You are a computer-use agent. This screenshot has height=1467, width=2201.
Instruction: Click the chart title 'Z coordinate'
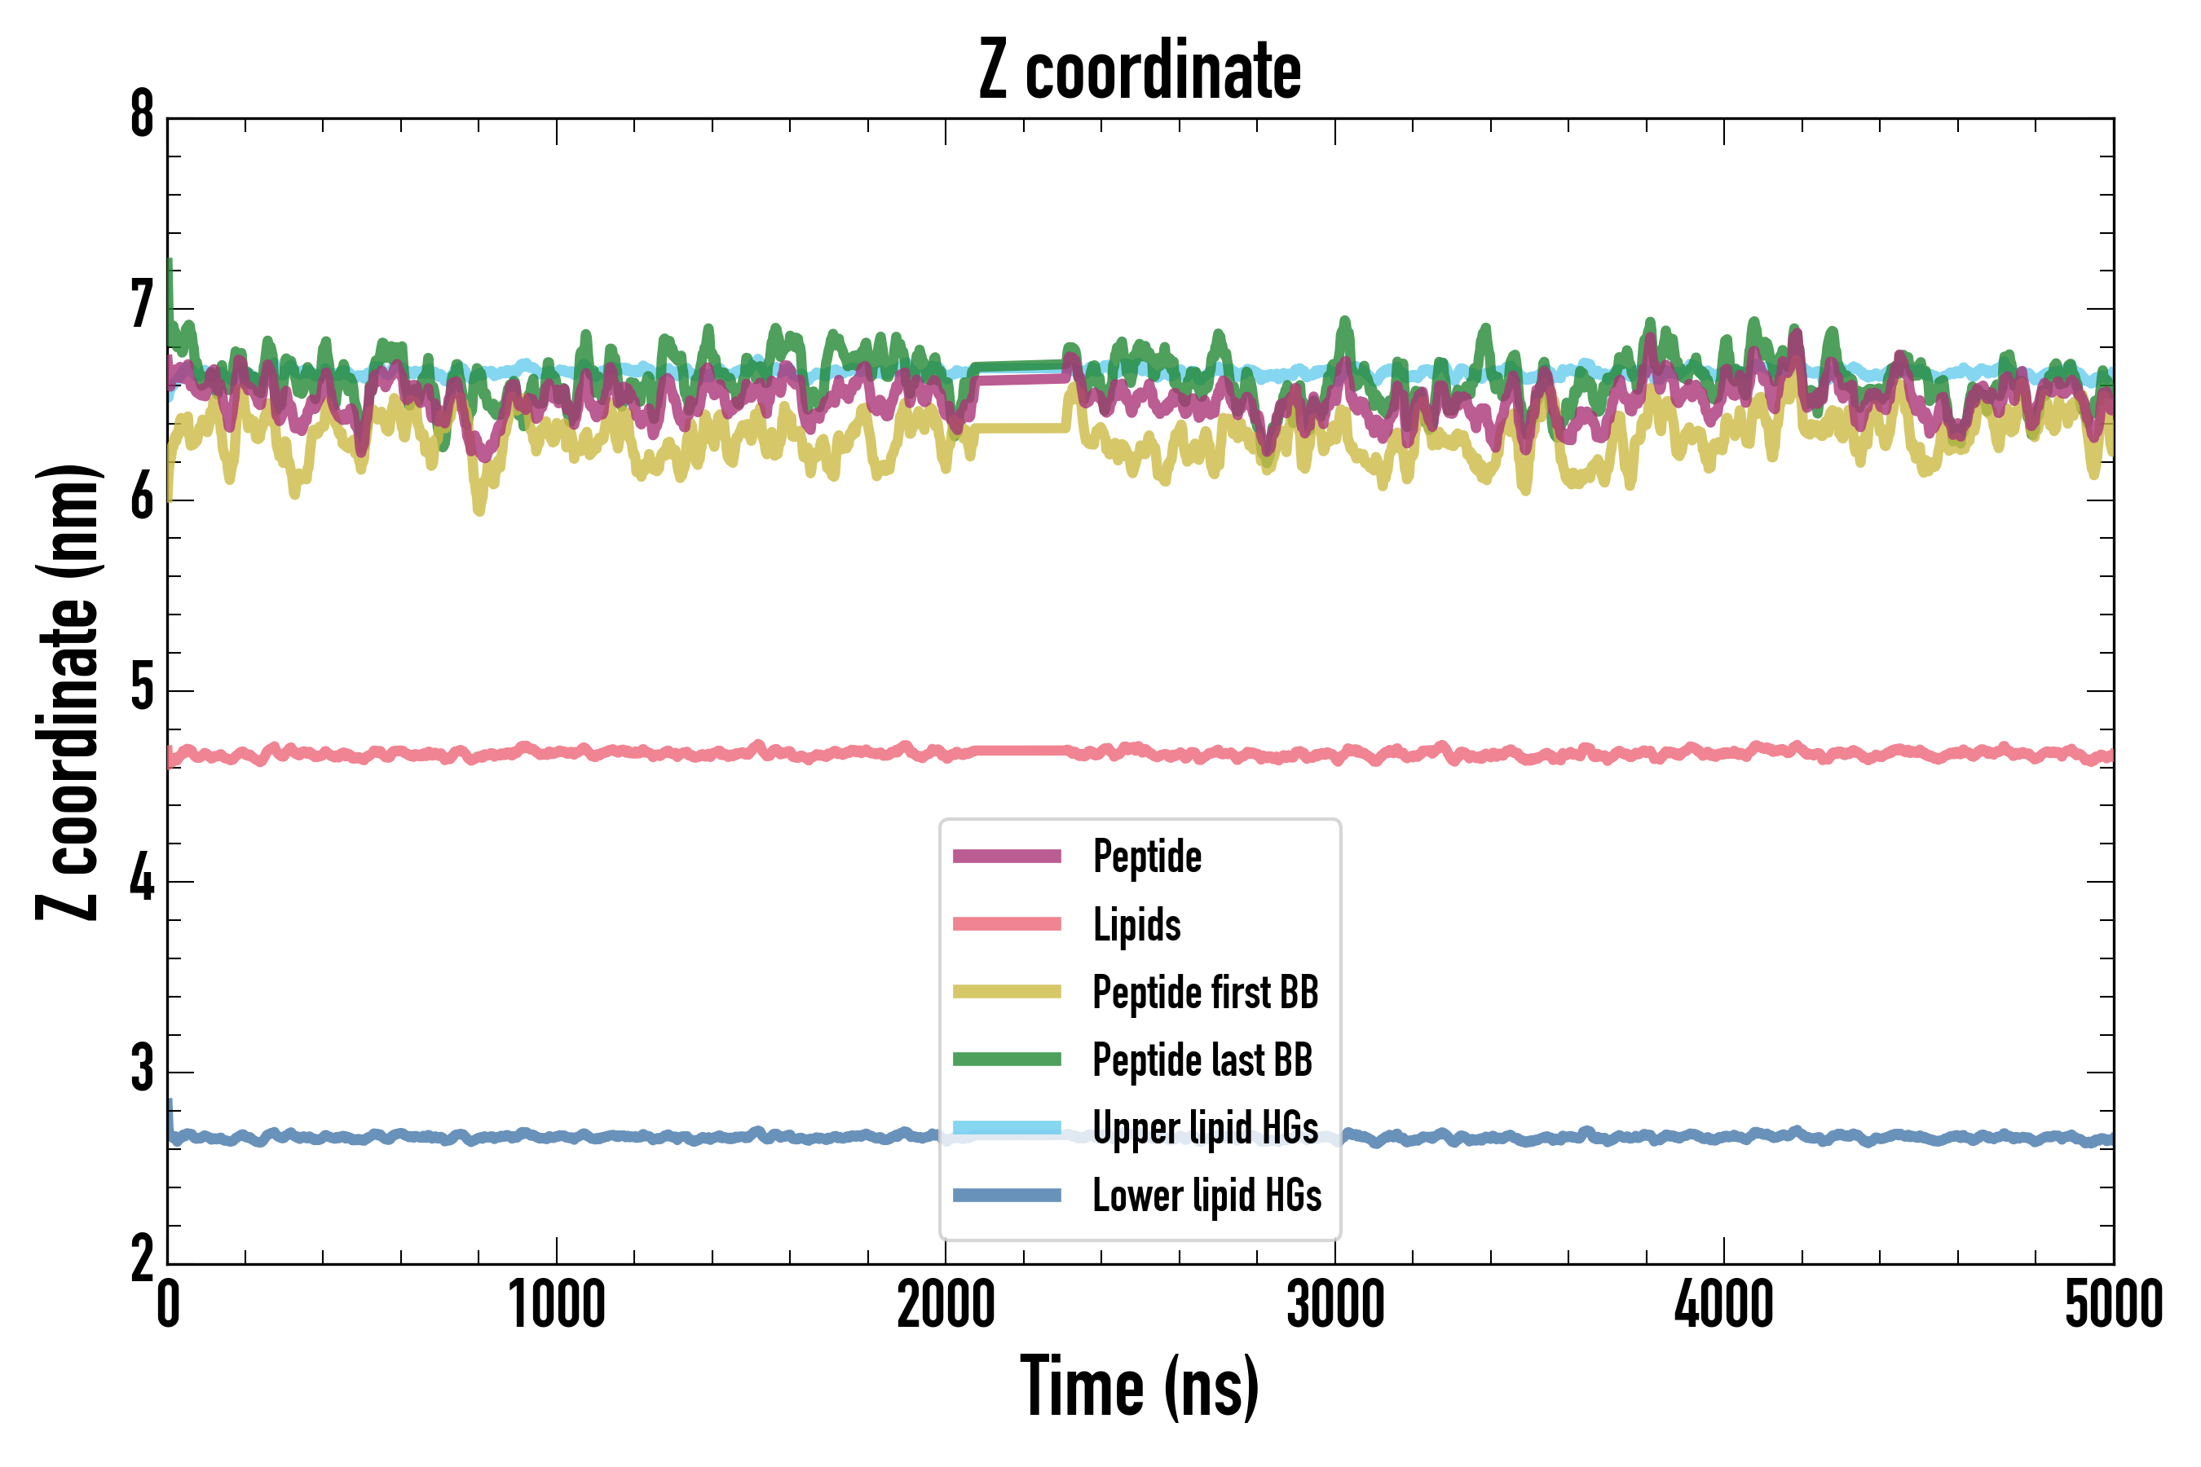click(x=1139, y=70)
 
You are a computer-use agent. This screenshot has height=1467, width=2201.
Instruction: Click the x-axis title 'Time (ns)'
click(x=1139, y=1386)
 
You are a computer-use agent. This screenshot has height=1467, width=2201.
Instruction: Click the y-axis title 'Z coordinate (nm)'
click(x=68, y=692)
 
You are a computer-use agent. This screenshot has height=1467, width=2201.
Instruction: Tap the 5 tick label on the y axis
click(x=142, y=689)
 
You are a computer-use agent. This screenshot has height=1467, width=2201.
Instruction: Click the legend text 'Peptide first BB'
click(x=1206, y=993)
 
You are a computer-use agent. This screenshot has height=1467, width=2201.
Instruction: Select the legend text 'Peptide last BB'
click(x=1202, y=1060)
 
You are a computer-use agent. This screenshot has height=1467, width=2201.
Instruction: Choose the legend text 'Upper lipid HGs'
click(x=1206, y=1127)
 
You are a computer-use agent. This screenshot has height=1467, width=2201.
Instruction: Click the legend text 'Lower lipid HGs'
click(x=1206, y=1196)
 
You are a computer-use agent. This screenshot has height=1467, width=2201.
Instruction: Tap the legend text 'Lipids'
click(x=1136, y=924)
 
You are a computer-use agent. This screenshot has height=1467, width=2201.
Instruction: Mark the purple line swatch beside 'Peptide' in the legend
click(x=1007, y=856)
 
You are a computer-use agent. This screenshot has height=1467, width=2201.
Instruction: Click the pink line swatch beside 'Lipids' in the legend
click(x=1007, y=924)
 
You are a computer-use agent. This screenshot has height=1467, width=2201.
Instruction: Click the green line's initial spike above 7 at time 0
click(x=170, y=276)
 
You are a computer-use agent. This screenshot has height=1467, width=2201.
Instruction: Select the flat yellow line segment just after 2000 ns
click(x=1020, y=428)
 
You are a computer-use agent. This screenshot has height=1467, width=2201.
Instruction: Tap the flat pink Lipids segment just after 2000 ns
click(x=1020, y=751)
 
